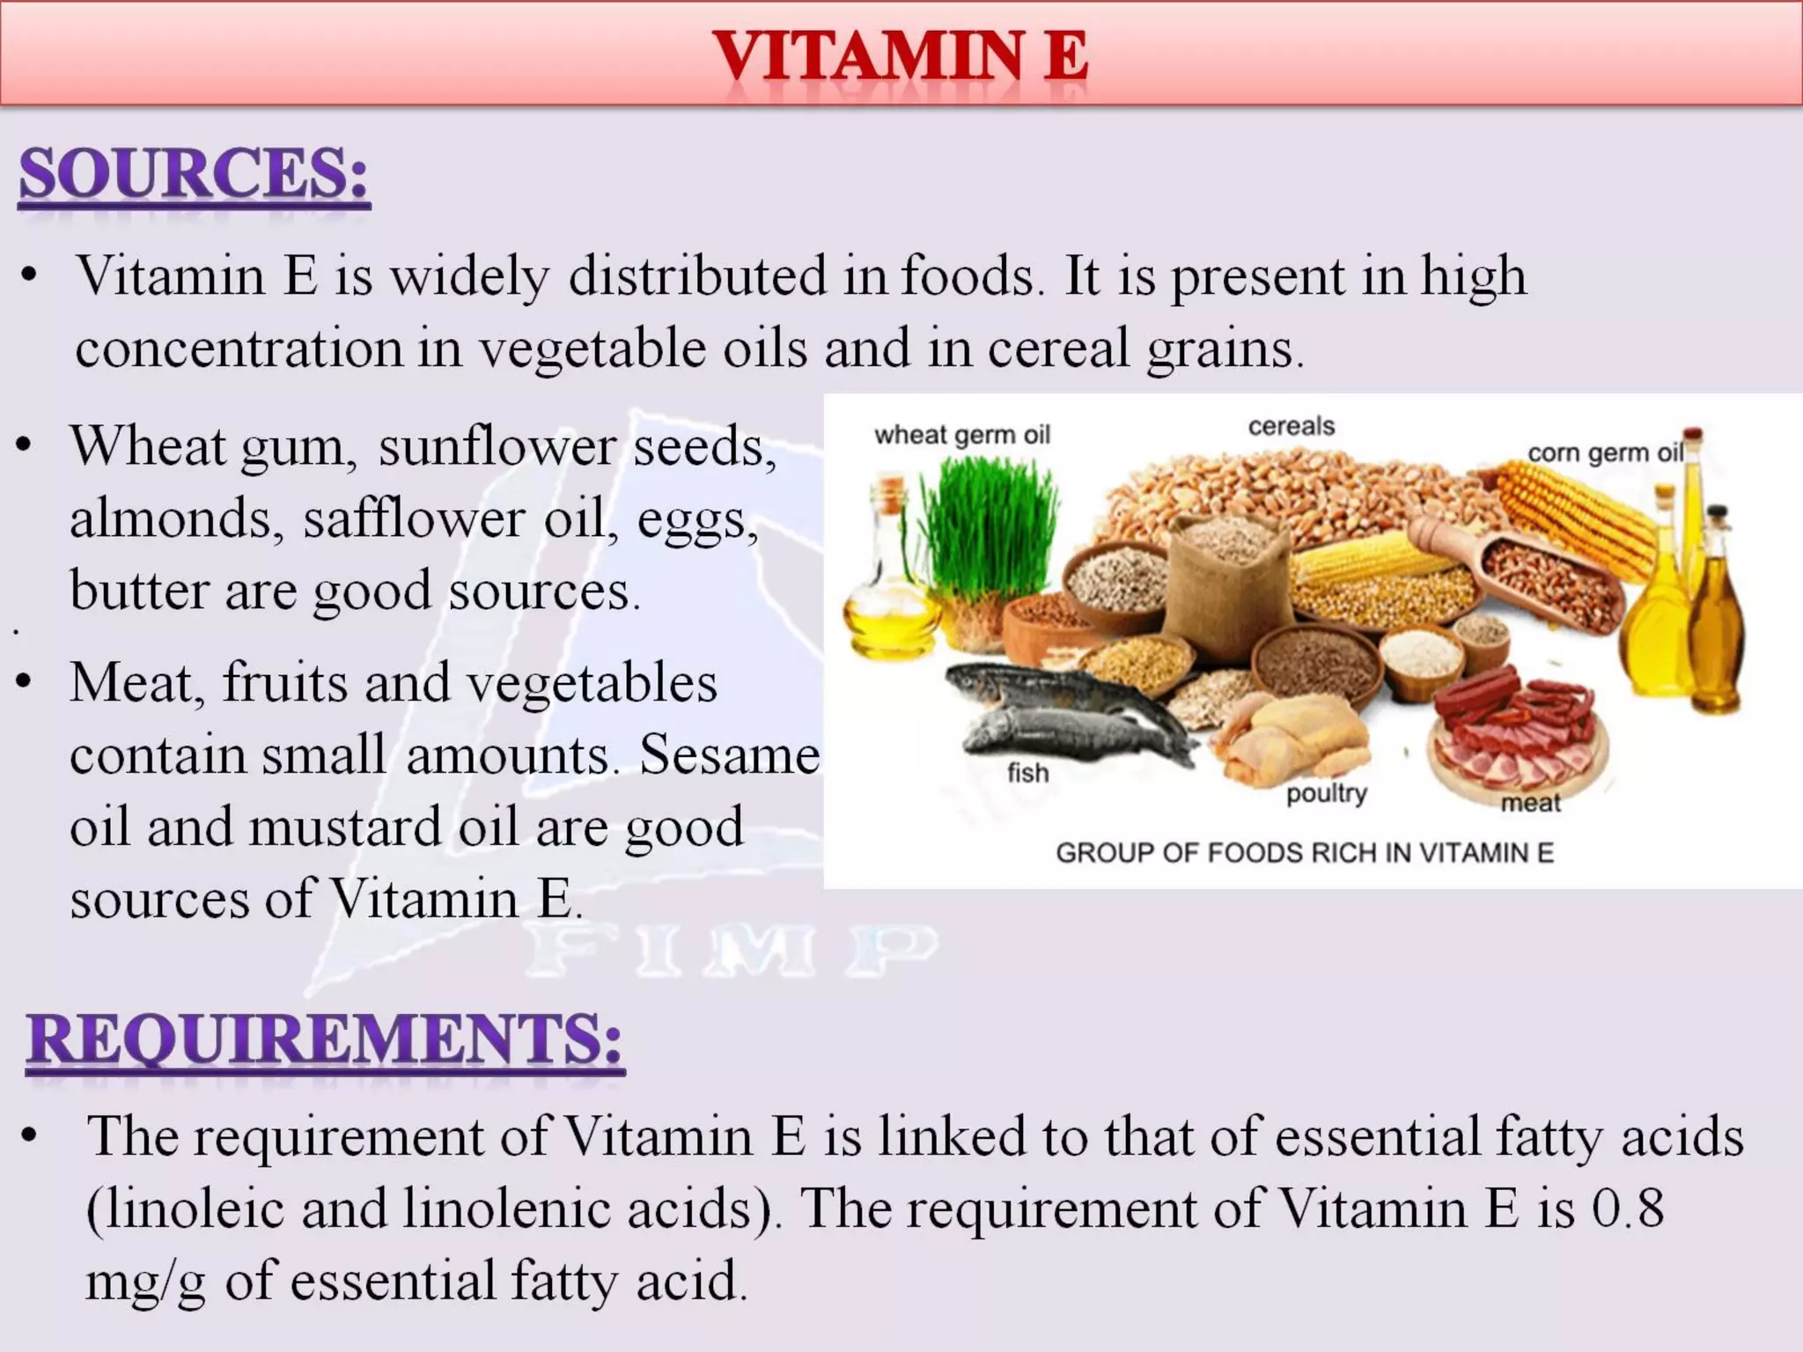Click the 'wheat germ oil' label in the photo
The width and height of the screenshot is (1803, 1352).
click(962, 435)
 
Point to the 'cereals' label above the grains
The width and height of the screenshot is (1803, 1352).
click(1292, 426)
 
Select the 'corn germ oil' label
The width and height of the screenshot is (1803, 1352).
click(1605, 452)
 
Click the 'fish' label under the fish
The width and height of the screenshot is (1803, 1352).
click(1027, 773)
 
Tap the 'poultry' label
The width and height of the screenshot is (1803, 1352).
click(1327, 793)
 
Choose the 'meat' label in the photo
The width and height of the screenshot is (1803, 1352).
click(1530, 803)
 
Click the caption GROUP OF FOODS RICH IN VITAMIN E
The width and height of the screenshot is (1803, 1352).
click(1305, 852)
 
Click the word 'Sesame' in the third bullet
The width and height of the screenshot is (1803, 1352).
click(729, 755)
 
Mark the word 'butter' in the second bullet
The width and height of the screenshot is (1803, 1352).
click(139, 590)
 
